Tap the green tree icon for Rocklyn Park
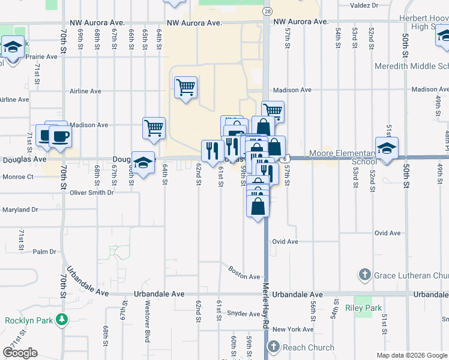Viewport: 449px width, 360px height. pos(61,319)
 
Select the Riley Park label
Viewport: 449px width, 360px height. pos(364,308)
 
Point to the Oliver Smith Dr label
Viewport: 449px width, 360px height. pos(92,193)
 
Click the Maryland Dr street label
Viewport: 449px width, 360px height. pos(19,209)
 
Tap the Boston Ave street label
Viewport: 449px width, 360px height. pos(244,272)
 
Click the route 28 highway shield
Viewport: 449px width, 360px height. pos(267,11)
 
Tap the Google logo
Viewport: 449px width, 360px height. pos(20,353)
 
